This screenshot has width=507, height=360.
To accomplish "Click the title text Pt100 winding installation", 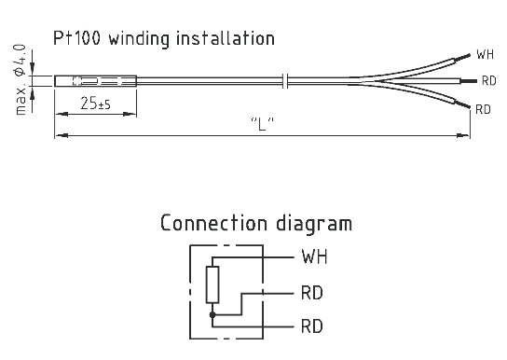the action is [164, 39].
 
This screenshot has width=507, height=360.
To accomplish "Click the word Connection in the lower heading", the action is [214, 223].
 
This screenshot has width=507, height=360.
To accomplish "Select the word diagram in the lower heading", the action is [314, 224].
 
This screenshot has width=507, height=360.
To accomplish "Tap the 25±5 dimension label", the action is [95, 104].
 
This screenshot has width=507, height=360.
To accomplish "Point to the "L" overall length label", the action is [263, 123].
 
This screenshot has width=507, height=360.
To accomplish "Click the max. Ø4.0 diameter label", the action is [21, 79].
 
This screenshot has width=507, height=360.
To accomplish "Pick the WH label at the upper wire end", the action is [486, 54].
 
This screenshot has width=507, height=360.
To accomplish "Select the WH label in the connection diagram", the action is [314, 256].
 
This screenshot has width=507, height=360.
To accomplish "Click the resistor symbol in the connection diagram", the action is [212, 284].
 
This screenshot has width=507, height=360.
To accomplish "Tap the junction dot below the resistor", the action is [212, 314].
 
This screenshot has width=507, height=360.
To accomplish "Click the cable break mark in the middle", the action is [285, 81].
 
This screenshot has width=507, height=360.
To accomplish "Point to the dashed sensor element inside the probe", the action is [97, 81].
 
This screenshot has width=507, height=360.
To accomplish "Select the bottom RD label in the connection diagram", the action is [312, 326].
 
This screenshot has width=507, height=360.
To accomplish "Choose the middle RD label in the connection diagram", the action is [312, 293].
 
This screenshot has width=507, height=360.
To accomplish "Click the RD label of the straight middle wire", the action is [488, 81].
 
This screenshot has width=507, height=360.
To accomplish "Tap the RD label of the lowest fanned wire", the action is [483, 110].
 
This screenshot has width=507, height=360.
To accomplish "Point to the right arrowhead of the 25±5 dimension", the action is [130, 114].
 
